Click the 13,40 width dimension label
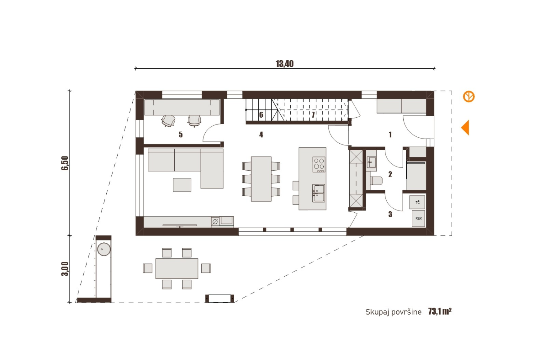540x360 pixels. [x=285, y=64]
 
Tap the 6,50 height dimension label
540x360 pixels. [x=65, y=163]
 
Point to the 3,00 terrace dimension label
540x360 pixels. [x=65, y=269]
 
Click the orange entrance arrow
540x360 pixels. [x=465, y=128]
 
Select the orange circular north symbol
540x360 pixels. [x=469, y=97]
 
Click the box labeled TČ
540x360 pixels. [x=417, y=202]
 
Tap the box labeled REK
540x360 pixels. [x=418, y=219]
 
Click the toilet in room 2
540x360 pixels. [x=376, y=181]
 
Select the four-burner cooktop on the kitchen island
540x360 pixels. [x=319, y=164]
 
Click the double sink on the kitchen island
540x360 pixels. [x=319, y=193]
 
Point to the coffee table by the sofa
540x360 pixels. [x=182, y=185]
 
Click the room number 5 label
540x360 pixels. [x=180, y=134]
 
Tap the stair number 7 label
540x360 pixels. [x=313, y=115]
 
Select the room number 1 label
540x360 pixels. [x=390, y=134]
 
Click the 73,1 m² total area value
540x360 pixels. [x=440, y=311]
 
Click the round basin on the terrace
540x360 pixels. [x=104, y=249]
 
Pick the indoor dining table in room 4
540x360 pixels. [x=261, y=179]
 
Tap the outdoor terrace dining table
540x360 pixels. [x=177, y=269]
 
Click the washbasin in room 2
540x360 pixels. [x=371, y=162]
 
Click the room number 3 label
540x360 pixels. [x=390, y=214]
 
